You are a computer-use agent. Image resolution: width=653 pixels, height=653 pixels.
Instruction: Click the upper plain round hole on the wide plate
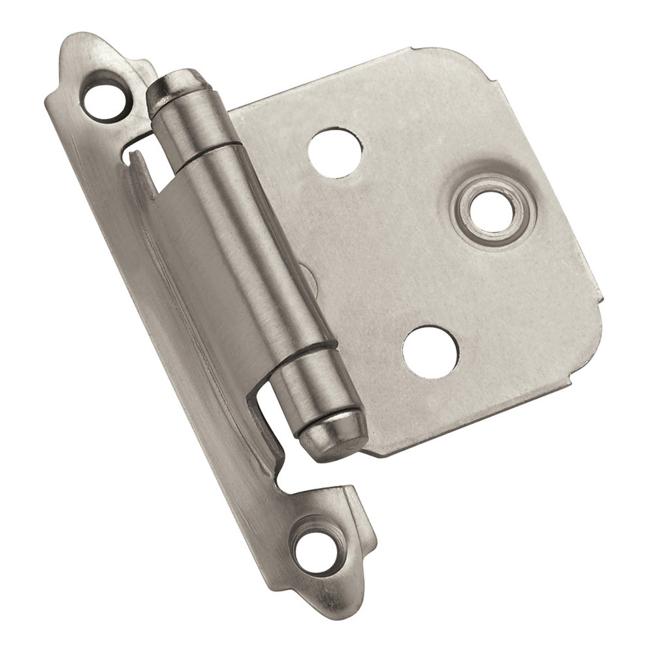coord(334,152)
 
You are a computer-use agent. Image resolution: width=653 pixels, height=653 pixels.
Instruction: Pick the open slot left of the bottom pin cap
coord(274,418)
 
